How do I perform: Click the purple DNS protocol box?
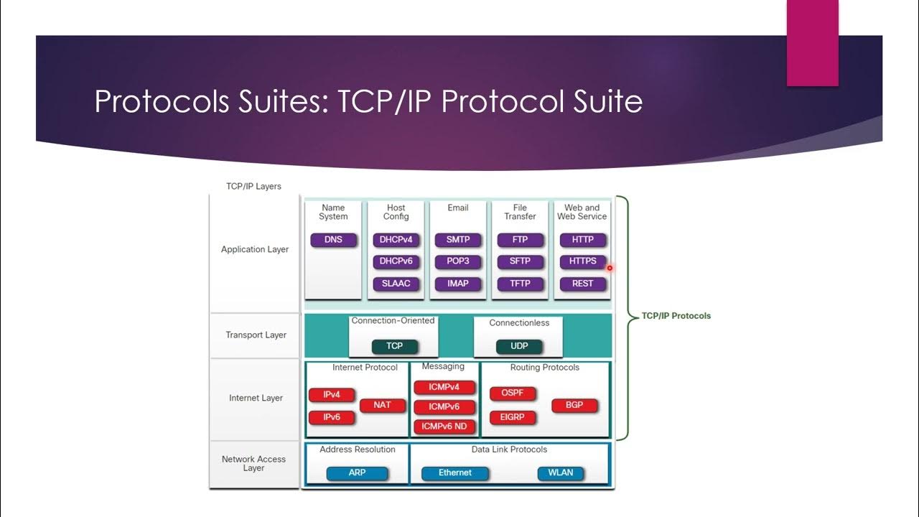[x=333, y=240]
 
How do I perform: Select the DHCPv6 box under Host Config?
[x=396, y=261]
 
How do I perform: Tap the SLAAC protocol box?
[x=396, y=284]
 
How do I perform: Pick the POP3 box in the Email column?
[x=458, y=261]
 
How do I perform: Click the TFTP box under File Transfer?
[x=520, y=284]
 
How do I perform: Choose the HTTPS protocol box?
[x=582, y=261]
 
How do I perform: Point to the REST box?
[x=582, y=284]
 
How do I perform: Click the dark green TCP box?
[x=394, y=346]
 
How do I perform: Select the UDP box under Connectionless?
[x=519, y=346]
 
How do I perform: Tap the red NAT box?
[x=382, y=405]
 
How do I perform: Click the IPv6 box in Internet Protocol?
[x=332, y=417]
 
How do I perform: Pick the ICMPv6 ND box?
[x=444, y=427]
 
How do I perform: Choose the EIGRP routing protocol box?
[x=512, y=417]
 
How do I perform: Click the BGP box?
[x=574, y=405]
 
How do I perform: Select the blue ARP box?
[x=357, y=473]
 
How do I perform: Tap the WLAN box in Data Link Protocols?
[x=560, y=473]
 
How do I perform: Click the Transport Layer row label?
[x=256, y=335]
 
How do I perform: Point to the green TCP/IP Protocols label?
[x=676, y=316]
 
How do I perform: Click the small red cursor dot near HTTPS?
[x=610, y=269]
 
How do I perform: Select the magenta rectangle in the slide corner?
[x=812, y=43]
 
